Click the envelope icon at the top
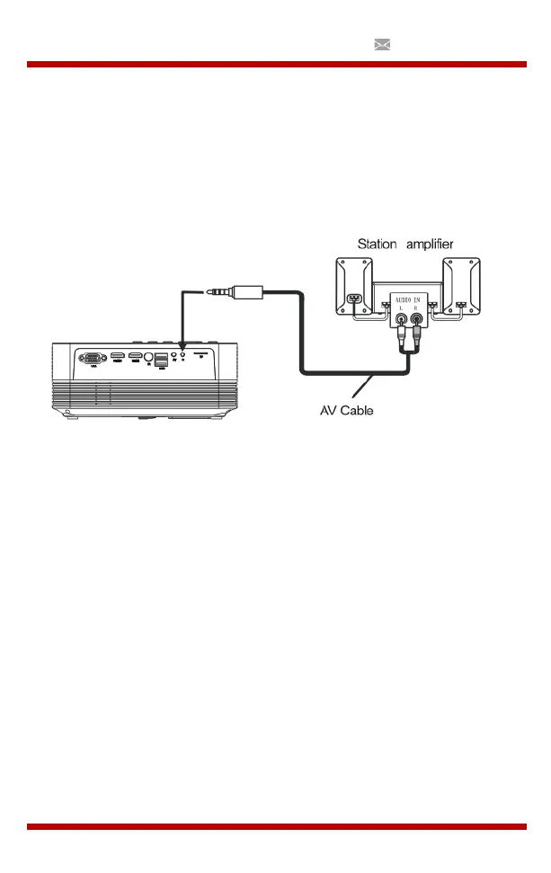pyautogui.click(x=381, y=44)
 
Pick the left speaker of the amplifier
pyautogui.click(x=354, y=288)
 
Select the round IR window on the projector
pyautogui.click(x=148, y=358)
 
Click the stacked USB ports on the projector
pyautogui.click(x=161, y=361)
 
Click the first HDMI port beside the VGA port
pyautogui.click(x=117, y=357)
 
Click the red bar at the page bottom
pyautogui.click(x=276, y=826)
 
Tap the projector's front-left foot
pyautogui.click(x=70, y=414)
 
